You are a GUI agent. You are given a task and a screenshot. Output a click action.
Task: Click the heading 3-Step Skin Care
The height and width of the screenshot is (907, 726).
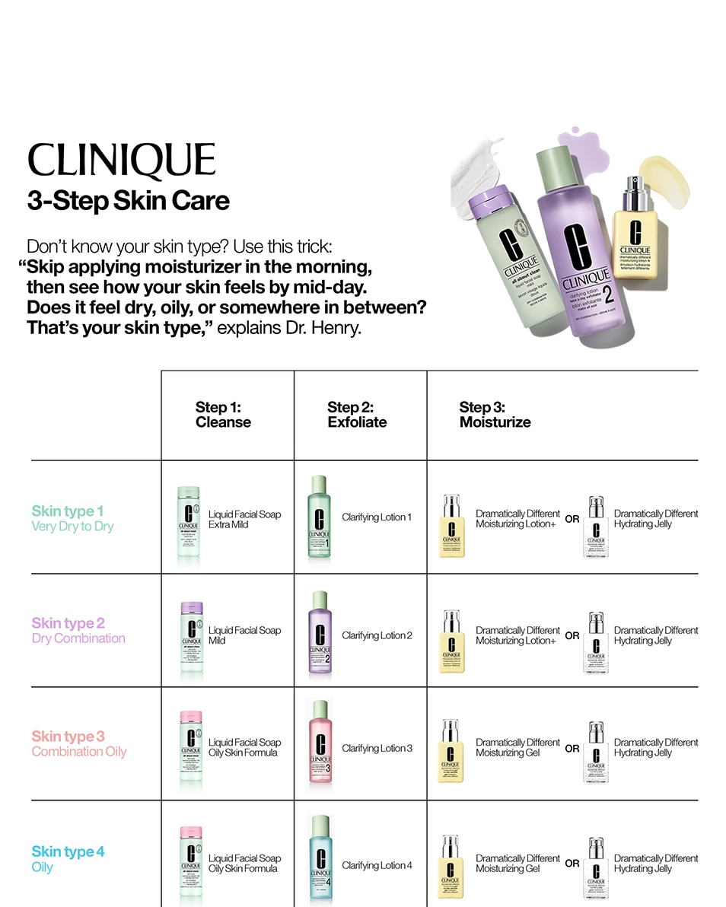[x=128, y=201]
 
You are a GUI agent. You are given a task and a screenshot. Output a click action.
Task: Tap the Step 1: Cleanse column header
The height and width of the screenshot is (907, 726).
[x=223, y=415]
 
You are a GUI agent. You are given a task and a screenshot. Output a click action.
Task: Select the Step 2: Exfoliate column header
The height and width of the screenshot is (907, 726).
[x=357, y=415]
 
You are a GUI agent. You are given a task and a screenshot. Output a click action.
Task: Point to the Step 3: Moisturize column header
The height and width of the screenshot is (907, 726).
[x=495, y=415]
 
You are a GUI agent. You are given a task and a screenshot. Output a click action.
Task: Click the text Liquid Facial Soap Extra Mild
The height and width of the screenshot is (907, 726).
[x=244, y=519]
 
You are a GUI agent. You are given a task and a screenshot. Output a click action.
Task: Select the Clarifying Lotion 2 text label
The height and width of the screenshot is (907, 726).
[x=377, y=635]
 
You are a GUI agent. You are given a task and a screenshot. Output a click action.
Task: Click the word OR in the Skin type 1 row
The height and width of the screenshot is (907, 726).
[x=572, y=519]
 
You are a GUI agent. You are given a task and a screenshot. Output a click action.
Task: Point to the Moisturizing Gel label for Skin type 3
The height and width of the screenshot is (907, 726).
[x=517, y=747]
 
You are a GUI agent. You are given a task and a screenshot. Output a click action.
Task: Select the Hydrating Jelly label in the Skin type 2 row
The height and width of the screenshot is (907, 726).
[x=655, y=635]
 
